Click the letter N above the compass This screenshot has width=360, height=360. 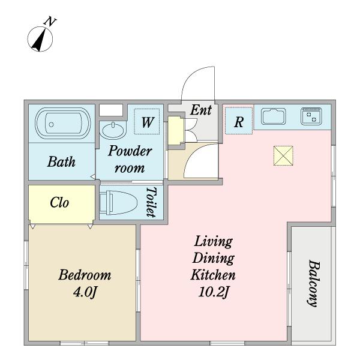point(50,22)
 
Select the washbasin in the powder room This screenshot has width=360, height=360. point(113,131)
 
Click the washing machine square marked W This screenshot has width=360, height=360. point(147,122)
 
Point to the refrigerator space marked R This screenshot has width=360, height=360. point(239,121)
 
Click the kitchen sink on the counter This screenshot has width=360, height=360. point(273,116)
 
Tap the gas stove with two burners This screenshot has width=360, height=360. point(311,116)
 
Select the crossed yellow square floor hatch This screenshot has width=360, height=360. point(283,155)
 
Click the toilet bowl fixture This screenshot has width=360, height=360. point(118,203)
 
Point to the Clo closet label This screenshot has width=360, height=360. point(59,203)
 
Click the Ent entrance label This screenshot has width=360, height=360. point(201,110)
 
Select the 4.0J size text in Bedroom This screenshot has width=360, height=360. point(85,292)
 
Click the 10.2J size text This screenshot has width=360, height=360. point(213,292)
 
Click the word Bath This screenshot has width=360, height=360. point(61,161)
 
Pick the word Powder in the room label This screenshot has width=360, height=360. point(130,151)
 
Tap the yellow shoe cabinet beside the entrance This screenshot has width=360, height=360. point(175,130)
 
